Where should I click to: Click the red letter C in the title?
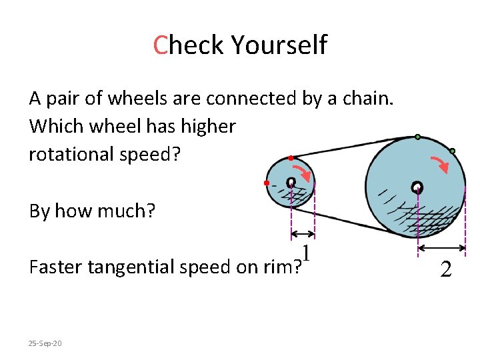(x=159, y=45)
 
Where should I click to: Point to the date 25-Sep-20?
(x=45, y=343)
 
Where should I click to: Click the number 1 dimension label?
(x=307, y=253)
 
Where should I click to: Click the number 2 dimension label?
(x=446, y=269)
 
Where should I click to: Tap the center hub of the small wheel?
(x=291, y=182)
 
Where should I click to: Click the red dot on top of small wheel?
(x=291, y=158)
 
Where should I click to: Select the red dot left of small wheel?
(x=266, y=182)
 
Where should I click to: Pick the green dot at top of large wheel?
(x=417, y=137)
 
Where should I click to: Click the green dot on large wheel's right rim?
(x=452, y=151)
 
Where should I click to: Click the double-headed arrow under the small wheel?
(x=303, y=234)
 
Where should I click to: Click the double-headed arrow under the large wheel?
(x=441, y=248)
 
